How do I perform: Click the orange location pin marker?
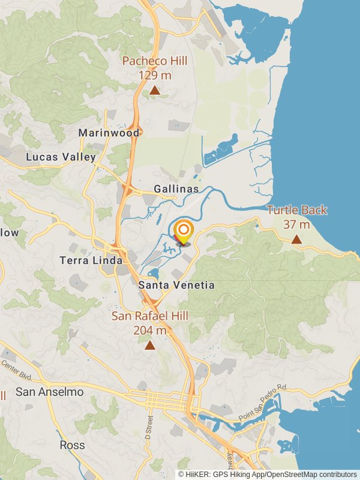click(183, 232)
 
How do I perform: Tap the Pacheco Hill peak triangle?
click(155, 90)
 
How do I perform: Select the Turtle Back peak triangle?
click(296, 239)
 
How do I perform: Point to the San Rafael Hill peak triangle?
click(149, 345)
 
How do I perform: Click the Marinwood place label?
click(109, 133)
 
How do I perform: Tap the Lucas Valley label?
click(61, 157)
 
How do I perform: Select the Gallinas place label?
click(176, 189)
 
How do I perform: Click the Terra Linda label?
click(91, 260)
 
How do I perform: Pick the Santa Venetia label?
click(176, 286)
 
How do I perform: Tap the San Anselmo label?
click(49, 392)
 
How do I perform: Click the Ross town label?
click(72, 445)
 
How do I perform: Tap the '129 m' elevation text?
click(155, 75)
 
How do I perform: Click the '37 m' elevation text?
click(296, 224)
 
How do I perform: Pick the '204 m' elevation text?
click(149, 331)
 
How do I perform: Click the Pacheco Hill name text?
click(155, 61)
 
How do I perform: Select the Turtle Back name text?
click(297, 210)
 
